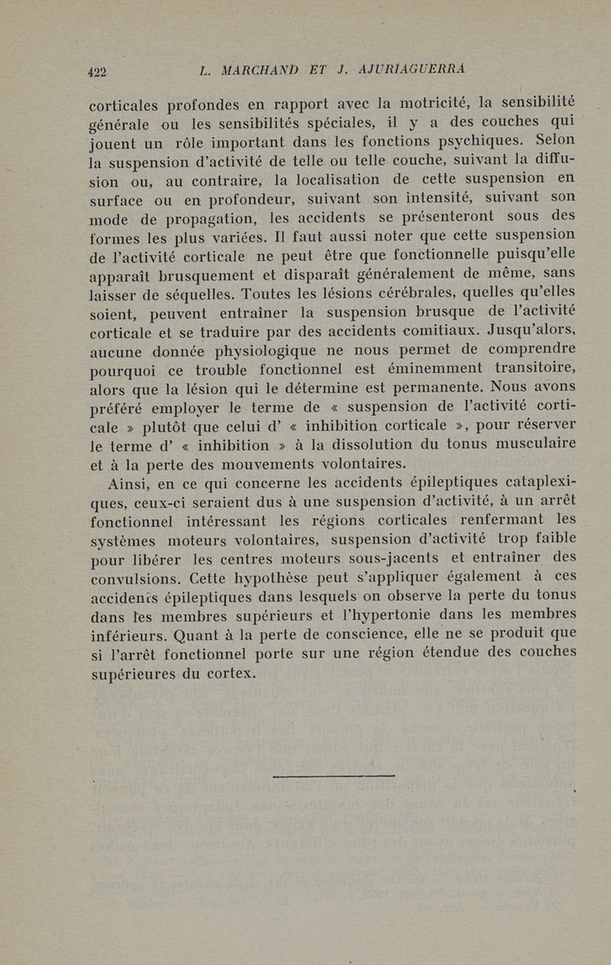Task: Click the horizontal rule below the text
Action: pyautogui.click(x=333, y=776)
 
